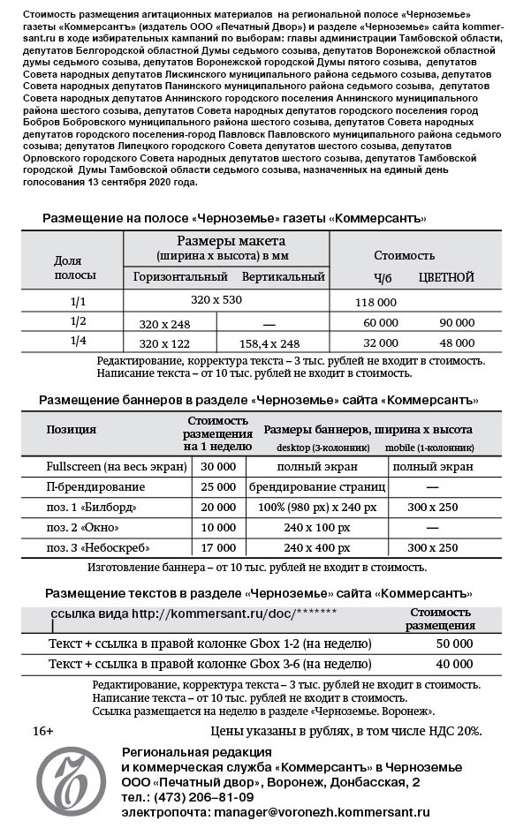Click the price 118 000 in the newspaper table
coord(375,302)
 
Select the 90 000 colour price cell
coord(457,323)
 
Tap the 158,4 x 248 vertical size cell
coord(269,343)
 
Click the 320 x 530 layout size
coord(216,300)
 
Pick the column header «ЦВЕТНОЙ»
coord(446,277)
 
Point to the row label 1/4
coord(78,342)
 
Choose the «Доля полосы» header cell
coord(68,267)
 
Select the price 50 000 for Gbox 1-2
coord(455,644)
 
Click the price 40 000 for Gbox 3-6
coord(455,665)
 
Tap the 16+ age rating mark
coord(43,731)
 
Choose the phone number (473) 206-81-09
coord(196,796)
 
